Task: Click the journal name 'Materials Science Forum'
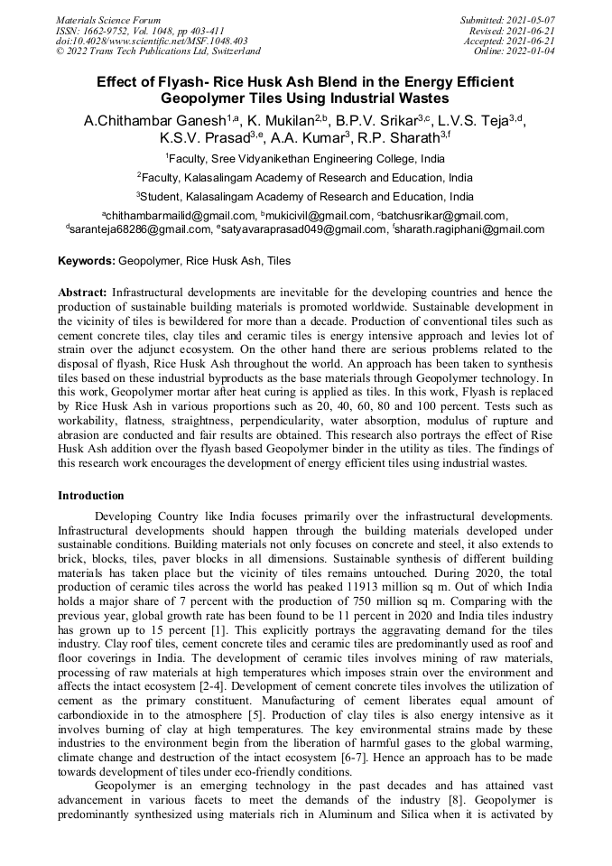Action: point(108,19)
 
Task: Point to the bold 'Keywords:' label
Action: point(87,261)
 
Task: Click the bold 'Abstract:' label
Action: point(83,293)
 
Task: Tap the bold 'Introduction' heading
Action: point(91,496)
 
